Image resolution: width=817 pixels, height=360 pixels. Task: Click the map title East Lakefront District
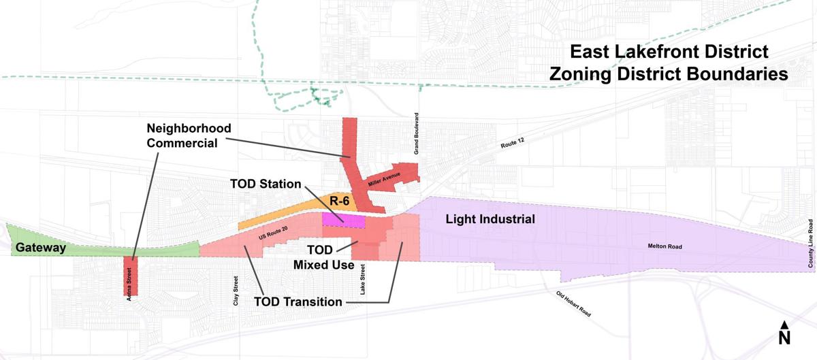point(669,52)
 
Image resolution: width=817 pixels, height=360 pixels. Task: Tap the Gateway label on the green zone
point(39,248)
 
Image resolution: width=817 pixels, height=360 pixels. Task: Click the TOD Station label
point(266,184)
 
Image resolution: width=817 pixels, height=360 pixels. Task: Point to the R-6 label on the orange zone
point(340,201)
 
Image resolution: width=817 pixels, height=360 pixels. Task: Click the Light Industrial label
point(490,219)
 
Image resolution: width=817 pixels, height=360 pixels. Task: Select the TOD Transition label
point(298,301)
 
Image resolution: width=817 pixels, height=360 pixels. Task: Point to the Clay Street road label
point(236,291)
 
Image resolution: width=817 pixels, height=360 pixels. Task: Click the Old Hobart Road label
point(573,306)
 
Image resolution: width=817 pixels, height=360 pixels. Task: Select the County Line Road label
point(811,243)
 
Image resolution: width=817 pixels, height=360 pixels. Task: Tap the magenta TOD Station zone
point(342,220)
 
